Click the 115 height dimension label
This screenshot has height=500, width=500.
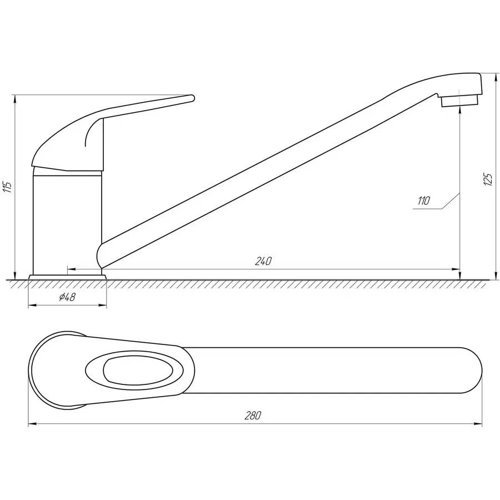pos(7,187)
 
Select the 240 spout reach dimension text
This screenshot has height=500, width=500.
pos(264,262)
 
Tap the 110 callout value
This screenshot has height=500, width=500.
pos(424,201)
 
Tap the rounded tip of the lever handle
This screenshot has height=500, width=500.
pos(192,98)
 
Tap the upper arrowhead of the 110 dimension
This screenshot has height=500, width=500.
pos(461,109)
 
